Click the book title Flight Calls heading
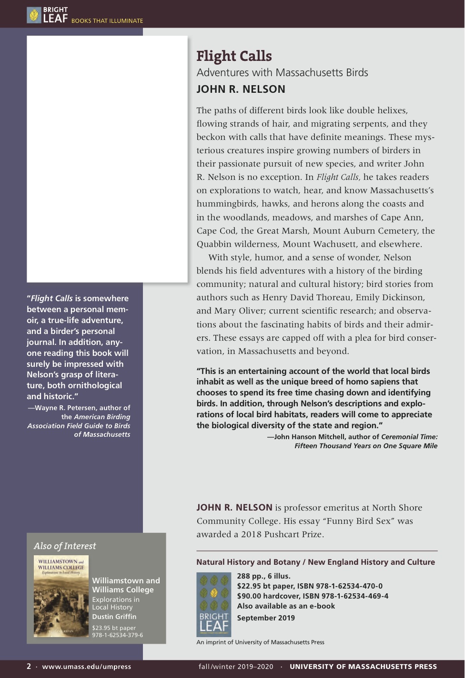(234, 56)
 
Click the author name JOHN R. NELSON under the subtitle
(241, 89)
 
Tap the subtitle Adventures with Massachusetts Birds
(282, 73)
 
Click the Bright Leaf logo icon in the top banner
(34, 15)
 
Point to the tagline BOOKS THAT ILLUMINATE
(107, 21)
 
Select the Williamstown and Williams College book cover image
(61, 597)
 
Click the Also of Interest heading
(65, 546)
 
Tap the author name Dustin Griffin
(114, 617)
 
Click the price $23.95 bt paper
(114, 628)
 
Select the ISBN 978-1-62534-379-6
(117, 635)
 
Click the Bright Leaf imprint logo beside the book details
(213, 604)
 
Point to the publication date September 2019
(266, 618)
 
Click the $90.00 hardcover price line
(313, 596)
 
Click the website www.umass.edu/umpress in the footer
(86, 666)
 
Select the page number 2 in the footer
(29, 666)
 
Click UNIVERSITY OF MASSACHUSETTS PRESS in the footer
(363, 666)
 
